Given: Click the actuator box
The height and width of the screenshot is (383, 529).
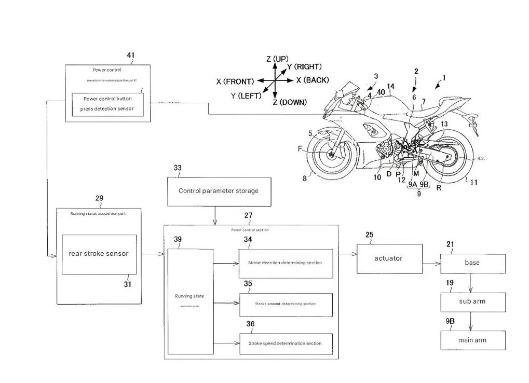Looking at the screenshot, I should [x=388, y=258].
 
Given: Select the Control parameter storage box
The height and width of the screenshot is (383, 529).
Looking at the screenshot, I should [x=218, y=191].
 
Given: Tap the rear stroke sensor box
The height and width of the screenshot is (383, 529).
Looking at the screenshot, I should [x=99, y=254].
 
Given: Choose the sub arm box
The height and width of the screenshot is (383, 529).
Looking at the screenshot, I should [x=472, y=301].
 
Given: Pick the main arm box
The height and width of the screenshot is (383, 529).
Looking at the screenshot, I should [x=472, y=340].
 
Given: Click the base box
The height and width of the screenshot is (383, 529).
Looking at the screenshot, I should [x=472, y=263].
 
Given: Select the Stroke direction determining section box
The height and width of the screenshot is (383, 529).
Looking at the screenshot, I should [x=285, y=263].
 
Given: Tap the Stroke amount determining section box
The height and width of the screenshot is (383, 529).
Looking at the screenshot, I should [x=285, y=304].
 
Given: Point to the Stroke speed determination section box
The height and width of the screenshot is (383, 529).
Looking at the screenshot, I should [x=285, y=343].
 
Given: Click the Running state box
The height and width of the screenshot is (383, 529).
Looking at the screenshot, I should [x=190, y=301].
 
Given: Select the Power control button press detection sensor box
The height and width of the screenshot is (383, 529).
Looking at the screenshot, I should [x=108, y=104].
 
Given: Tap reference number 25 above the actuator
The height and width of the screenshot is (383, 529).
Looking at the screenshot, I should [x=369, y=235].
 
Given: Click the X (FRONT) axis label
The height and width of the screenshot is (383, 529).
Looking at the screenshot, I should [x=235, y=81].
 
